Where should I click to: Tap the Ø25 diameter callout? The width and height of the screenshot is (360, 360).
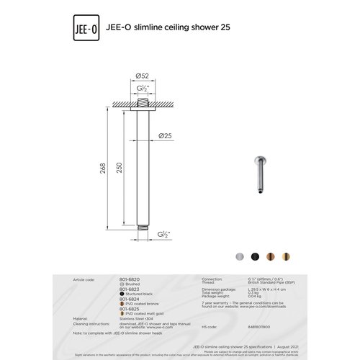(x=165, y=135)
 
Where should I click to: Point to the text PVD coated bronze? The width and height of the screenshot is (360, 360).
(x=145, y=303)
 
